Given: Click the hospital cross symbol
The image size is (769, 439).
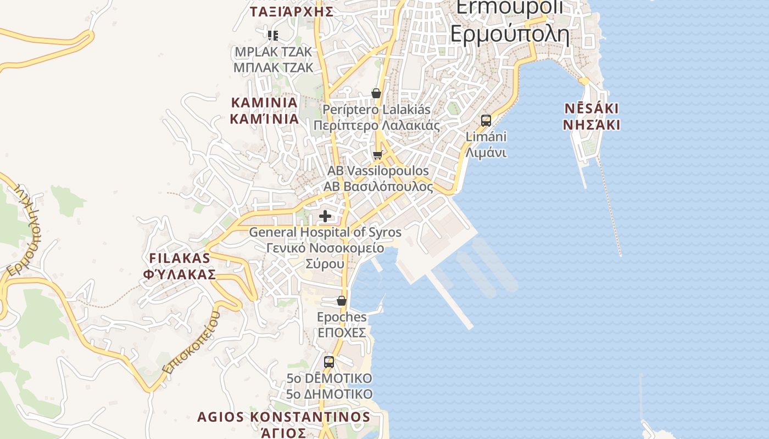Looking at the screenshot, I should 325,216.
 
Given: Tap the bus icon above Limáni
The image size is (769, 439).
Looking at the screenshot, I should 486,121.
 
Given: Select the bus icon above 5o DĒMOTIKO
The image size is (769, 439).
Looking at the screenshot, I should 329,362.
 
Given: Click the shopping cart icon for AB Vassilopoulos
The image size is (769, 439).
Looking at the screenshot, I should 377,155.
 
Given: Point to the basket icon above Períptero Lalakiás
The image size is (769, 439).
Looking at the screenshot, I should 376,93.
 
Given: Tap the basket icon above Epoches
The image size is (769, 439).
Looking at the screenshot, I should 342,301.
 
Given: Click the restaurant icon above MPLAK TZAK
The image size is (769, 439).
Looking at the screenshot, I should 272,36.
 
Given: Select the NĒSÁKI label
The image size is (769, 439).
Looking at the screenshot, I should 592,108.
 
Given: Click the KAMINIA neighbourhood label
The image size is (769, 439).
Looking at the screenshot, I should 265,103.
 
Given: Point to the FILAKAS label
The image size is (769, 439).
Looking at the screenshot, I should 180,258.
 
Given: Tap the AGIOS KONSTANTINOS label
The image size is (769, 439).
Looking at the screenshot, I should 283,417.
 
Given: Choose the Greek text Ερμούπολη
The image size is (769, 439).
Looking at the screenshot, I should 509,33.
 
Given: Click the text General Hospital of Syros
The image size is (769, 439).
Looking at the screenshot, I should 325,232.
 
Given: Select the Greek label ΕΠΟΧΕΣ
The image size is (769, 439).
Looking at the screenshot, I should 342,333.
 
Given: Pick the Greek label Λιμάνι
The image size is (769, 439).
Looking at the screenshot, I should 486,153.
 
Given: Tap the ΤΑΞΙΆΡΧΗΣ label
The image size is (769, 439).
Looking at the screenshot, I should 292,12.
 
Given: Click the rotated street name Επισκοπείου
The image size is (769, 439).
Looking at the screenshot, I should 191,344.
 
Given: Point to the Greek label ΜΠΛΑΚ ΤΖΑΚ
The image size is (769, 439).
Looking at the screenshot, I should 273,67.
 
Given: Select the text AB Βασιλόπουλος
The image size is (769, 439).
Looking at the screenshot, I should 378,187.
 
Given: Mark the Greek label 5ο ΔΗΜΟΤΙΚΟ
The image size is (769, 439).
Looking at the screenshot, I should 330,394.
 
